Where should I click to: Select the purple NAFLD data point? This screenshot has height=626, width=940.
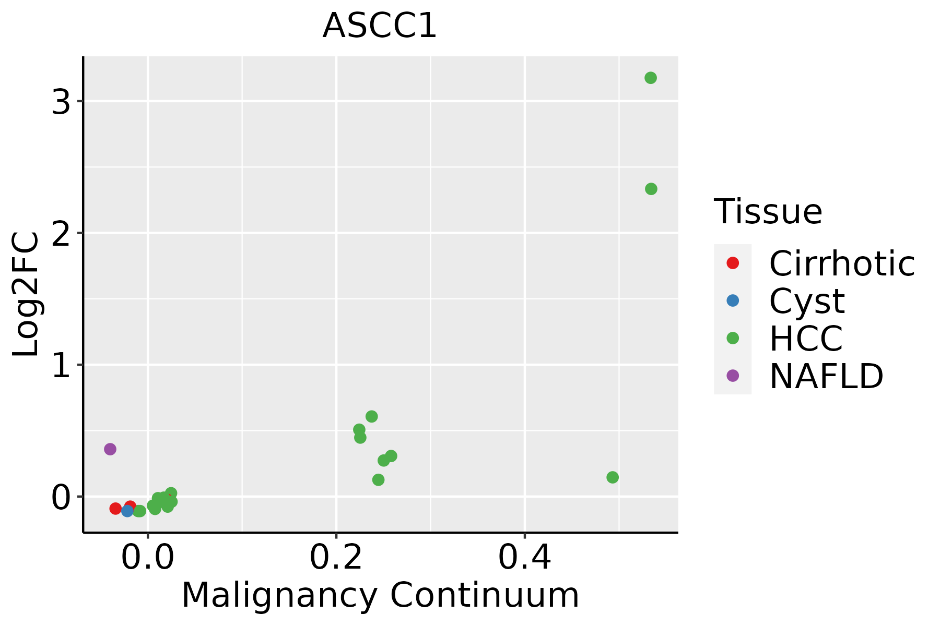click(110, 449)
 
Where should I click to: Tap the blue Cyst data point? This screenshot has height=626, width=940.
click(127, 511)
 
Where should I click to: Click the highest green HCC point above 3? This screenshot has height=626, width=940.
click(650, 78)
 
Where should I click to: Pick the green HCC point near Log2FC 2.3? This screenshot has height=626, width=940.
click(651, 189)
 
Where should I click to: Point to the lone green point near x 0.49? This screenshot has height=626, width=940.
click(613, 477)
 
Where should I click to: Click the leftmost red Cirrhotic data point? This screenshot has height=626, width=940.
click(115, 508)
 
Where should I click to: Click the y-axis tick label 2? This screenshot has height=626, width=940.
click(61, 235)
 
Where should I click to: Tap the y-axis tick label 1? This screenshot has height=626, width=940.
click(61, 367)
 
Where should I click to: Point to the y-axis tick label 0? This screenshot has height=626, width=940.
click(61, 498)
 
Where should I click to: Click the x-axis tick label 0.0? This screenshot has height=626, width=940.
click(148, 558)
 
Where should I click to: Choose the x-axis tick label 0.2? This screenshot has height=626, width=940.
click(336, 558)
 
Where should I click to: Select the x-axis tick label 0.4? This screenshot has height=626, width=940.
click(524, 558)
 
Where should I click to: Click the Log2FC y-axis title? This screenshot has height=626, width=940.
click(26, 295)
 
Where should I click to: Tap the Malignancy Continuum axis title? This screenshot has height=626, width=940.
click(380, 596)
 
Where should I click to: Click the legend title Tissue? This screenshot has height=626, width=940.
click(768, 212)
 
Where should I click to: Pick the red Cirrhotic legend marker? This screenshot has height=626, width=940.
click(733, 263)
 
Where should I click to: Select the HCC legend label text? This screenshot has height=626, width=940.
click(806, 339)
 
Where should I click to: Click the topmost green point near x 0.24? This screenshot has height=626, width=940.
click(371, 416)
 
